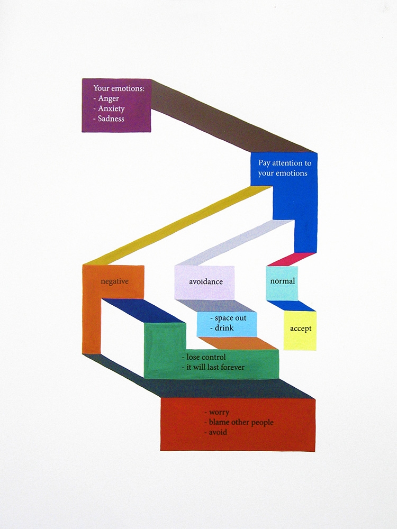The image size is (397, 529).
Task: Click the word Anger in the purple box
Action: (x=109, y=98)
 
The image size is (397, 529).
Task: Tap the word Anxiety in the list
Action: (x=111, y=108)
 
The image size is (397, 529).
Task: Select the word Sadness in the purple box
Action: (x=111, y=118)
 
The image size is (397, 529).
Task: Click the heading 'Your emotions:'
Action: (x=119, y=88)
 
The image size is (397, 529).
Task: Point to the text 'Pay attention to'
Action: (x=285, y=163)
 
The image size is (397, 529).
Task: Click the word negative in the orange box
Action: (x=114, y=281)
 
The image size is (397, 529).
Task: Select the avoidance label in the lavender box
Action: (x=206, y=282)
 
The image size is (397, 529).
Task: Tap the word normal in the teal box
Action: (x=283, y=281)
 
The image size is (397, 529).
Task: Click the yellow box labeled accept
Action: (x=300, y=331)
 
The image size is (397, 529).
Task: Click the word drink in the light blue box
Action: (x=224, y=328)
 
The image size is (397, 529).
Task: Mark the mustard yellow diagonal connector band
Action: (x=177, y=225)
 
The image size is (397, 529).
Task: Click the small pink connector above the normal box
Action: (x=292, y=259)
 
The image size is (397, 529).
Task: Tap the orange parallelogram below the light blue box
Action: (x=238, y=343)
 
